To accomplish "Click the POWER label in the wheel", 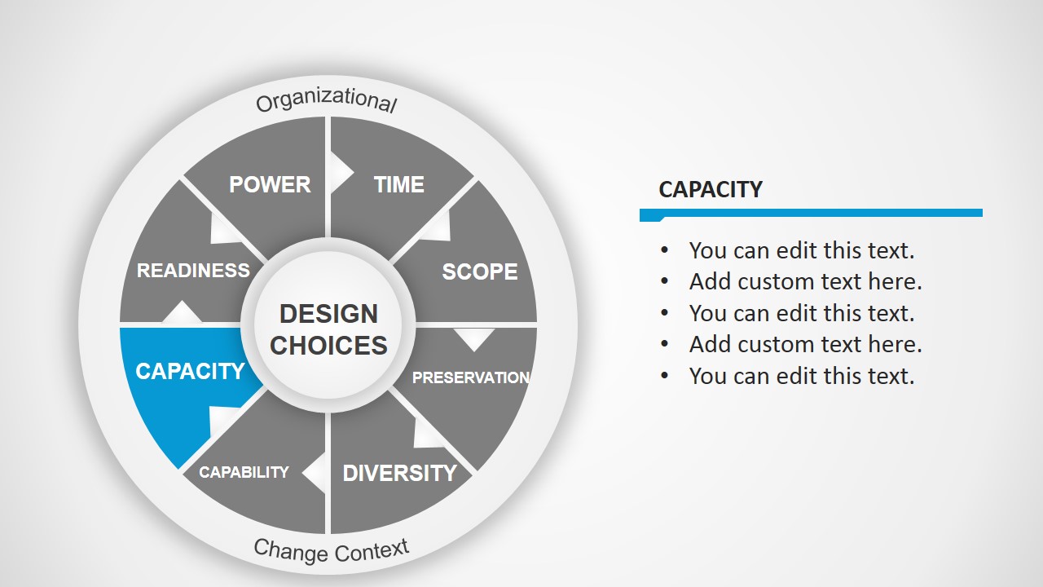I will click(270, 184).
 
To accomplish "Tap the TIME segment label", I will click(398, 185).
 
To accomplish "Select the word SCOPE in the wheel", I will click(479, 271).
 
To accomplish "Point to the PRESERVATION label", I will click(471, 377).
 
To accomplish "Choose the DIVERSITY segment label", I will click(399, 473).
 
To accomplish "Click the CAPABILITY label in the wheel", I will click(244, 472).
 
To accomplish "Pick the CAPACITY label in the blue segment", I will click(190, 371).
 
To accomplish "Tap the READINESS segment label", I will click(193, 271).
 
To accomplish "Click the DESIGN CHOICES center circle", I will click(328, 329).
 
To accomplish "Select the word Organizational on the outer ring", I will click(326, 100).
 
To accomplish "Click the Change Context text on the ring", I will click(331, 550).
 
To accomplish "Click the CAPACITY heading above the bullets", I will click(710, 189).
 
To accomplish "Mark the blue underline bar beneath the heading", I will click(811, 214).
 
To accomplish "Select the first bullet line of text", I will click(801, 249).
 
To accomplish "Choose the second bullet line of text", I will click(805, 281).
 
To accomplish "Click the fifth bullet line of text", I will click(801, 376).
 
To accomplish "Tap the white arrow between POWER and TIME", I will click(341, 172).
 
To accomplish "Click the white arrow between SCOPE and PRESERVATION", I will click(474, 338).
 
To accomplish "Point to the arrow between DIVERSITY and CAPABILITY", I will click(314, 472).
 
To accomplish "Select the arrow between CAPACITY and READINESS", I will click(183, 312).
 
